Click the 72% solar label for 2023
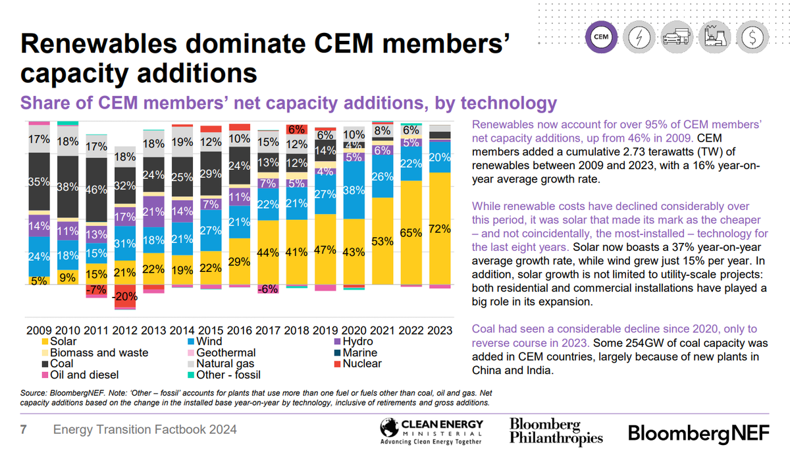tap(439, 229)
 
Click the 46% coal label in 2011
tap(96, 189)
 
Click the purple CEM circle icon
tap(600, 37)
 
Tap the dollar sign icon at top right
tap(749, 37)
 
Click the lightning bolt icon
tap(639, 37)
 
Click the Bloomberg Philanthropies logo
tap(556, 431)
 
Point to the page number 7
tap(24, 430)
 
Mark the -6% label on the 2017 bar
tap(267, 289)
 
